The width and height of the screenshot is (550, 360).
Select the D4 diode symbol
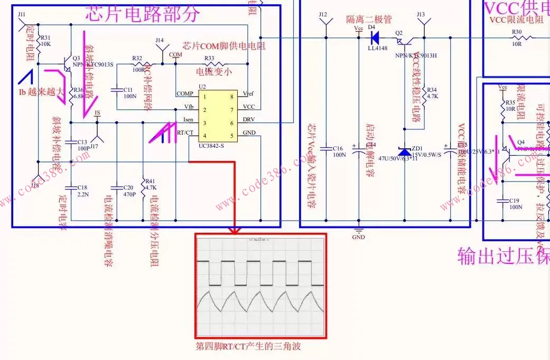(x=376, y=37)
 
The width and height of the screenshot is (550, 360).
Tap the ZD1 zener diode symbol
(x=405, y=150)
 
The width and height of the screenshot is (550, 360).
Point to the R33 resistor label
(x=209, y=58)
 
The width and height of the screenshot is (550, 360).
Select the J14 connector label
(x=160, y=40)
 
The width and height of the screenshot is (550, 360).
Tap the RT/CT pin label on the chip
(x=184, y=132)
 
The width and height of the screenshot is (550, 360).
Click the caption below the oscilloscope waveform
(x=248, y=346)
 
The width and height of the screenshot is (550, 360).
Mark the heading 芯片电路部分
(x=143, y=14)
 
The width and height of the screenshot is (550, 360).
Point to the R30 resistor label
(x=516, y=32)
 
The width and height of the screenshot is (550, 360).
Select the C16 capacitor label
(x=338, y=148)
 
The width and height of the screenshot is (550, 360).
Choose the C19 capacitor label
(x=515, y=201)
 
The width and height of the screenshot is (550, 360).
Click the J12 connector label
(x=323, y=14)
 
